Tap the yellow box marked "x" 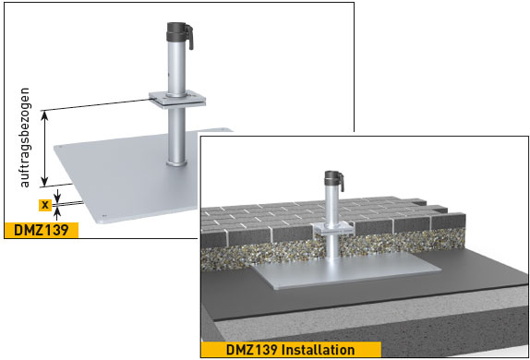coord(43,204)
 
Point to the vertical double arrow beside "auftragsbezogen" coord(46,149)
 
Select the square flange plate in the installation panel coord(332,228)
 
